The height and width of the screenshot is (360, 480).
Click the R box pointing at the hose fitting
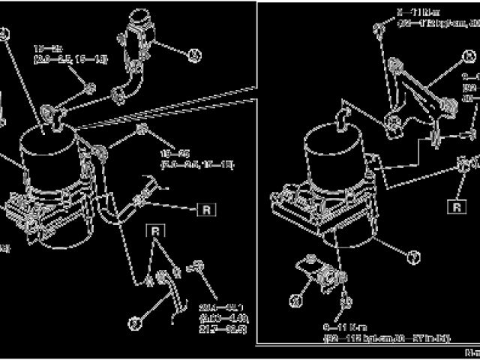[x=206, y=209]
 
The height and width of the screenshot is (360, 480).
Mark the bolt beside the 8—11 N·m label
[x=380, y=28]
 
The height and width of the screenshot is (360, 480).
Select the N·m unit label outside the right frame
[x=471, y=351]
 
